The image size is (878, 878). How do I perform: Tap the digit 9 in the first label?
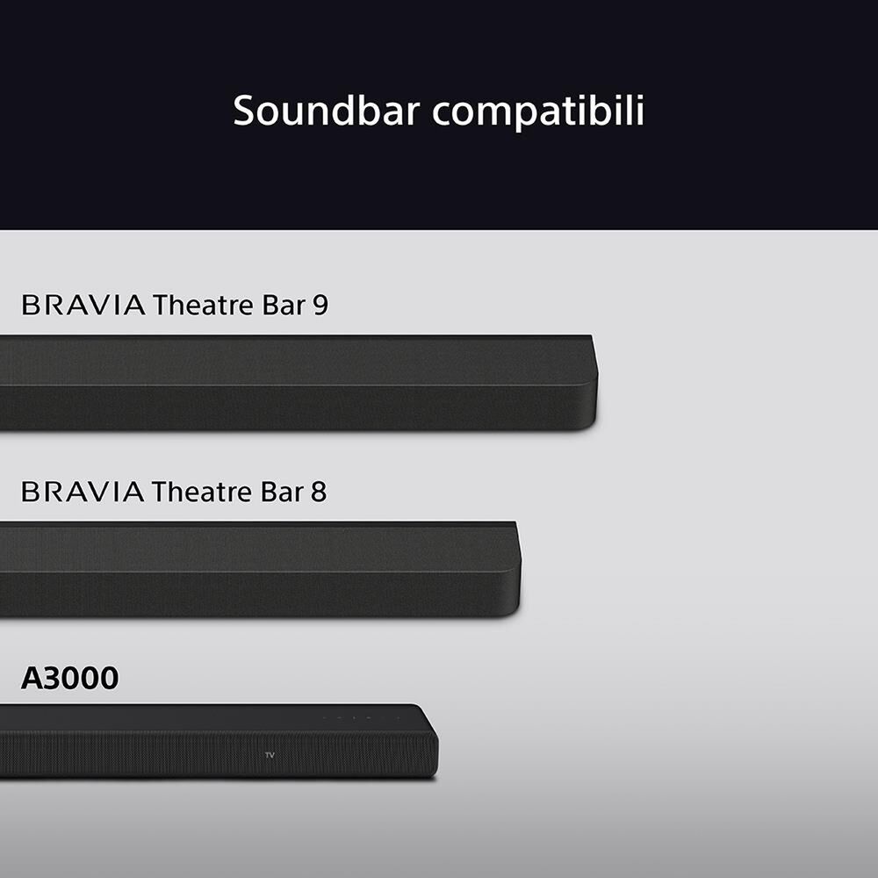(x=320, y=306)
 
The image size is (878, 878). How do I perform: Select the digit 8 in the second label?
(x=318, y=492)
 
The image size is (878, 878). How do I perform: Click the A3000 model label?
(x=69, y=678)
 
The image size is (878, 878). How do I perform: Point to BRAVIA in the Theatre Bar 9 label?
(x=83, y=306)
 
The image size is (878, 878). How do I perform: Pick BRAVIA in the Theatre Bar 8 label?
(x=83, y=492)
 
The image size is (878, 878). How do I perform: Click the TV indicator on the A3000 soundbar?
(x=270, y=755)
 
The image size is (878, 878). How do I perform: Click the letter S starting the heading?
(x=244, y=112)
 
